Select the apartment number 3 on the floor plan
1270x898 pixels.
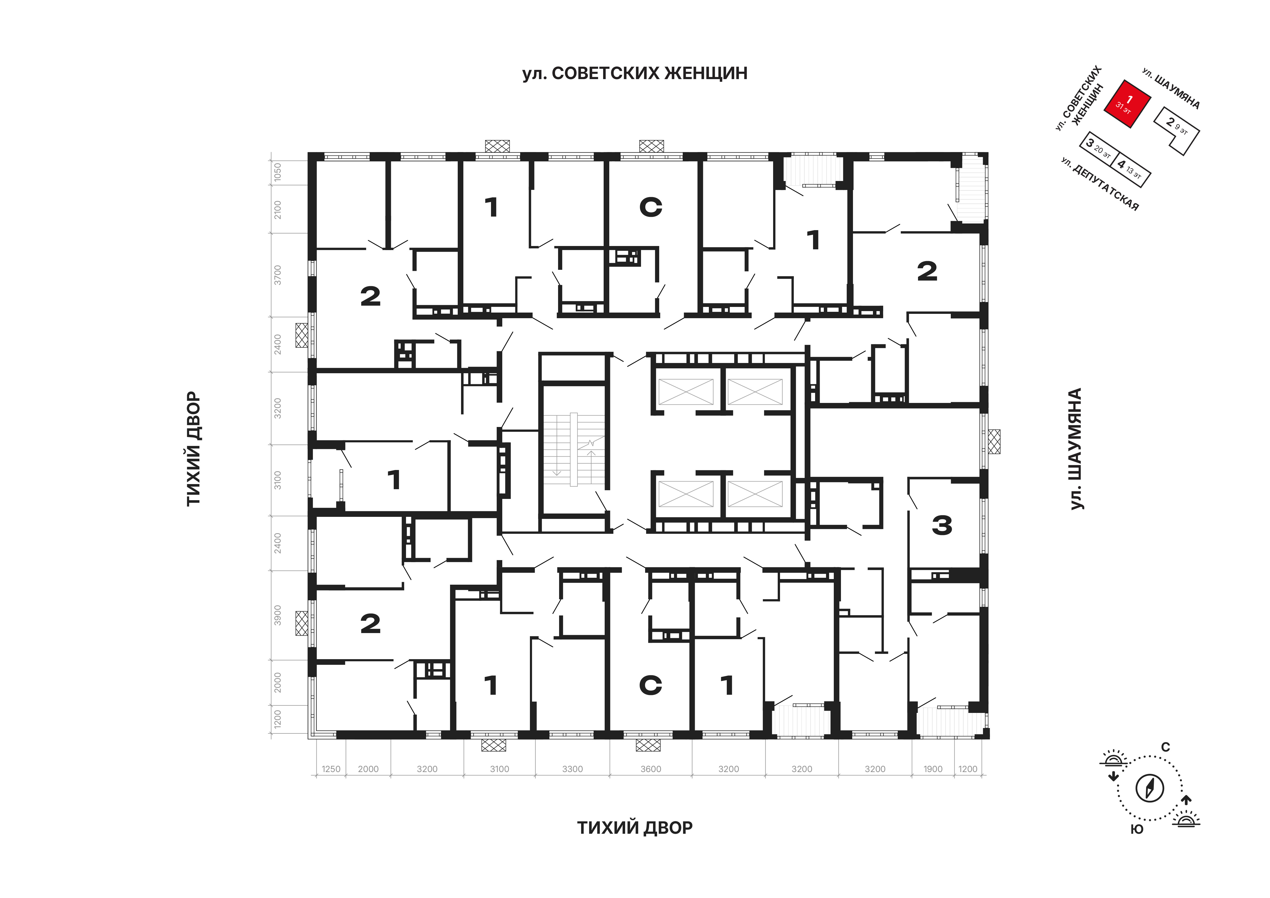pos(942,525)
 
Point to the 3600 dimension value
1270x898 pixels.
pos(650,769)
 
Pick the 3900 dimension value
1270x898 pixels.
pos(278,615)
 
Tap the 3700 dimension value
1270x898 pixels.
pos(278,275)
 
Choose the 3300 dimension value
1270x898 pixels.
pos(572,769)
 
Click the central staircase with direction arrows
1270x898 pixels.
pos(574,449)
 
